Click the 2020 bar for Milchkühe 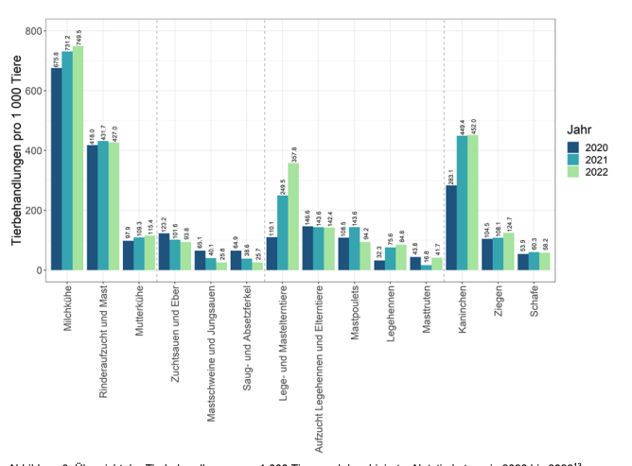[x=57, y=170]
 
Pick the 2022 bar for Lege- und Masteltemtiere [x=292, y=217]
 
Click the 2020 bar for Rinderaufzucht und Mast [x=93, y=208]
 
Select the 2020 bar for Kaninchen [x=451, y=228]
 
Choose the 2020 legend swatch [x=573, y=147]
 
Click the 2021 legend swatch [x=573, y=160]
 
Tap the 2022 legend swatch [x=573, y=173]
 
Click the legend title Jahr [x=580, y=129]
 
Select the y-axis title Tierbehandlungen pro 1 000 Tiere [x=16, y=151]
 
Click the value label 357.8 [x=294, y=154]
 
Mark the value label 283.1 [x=451, y=174]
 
